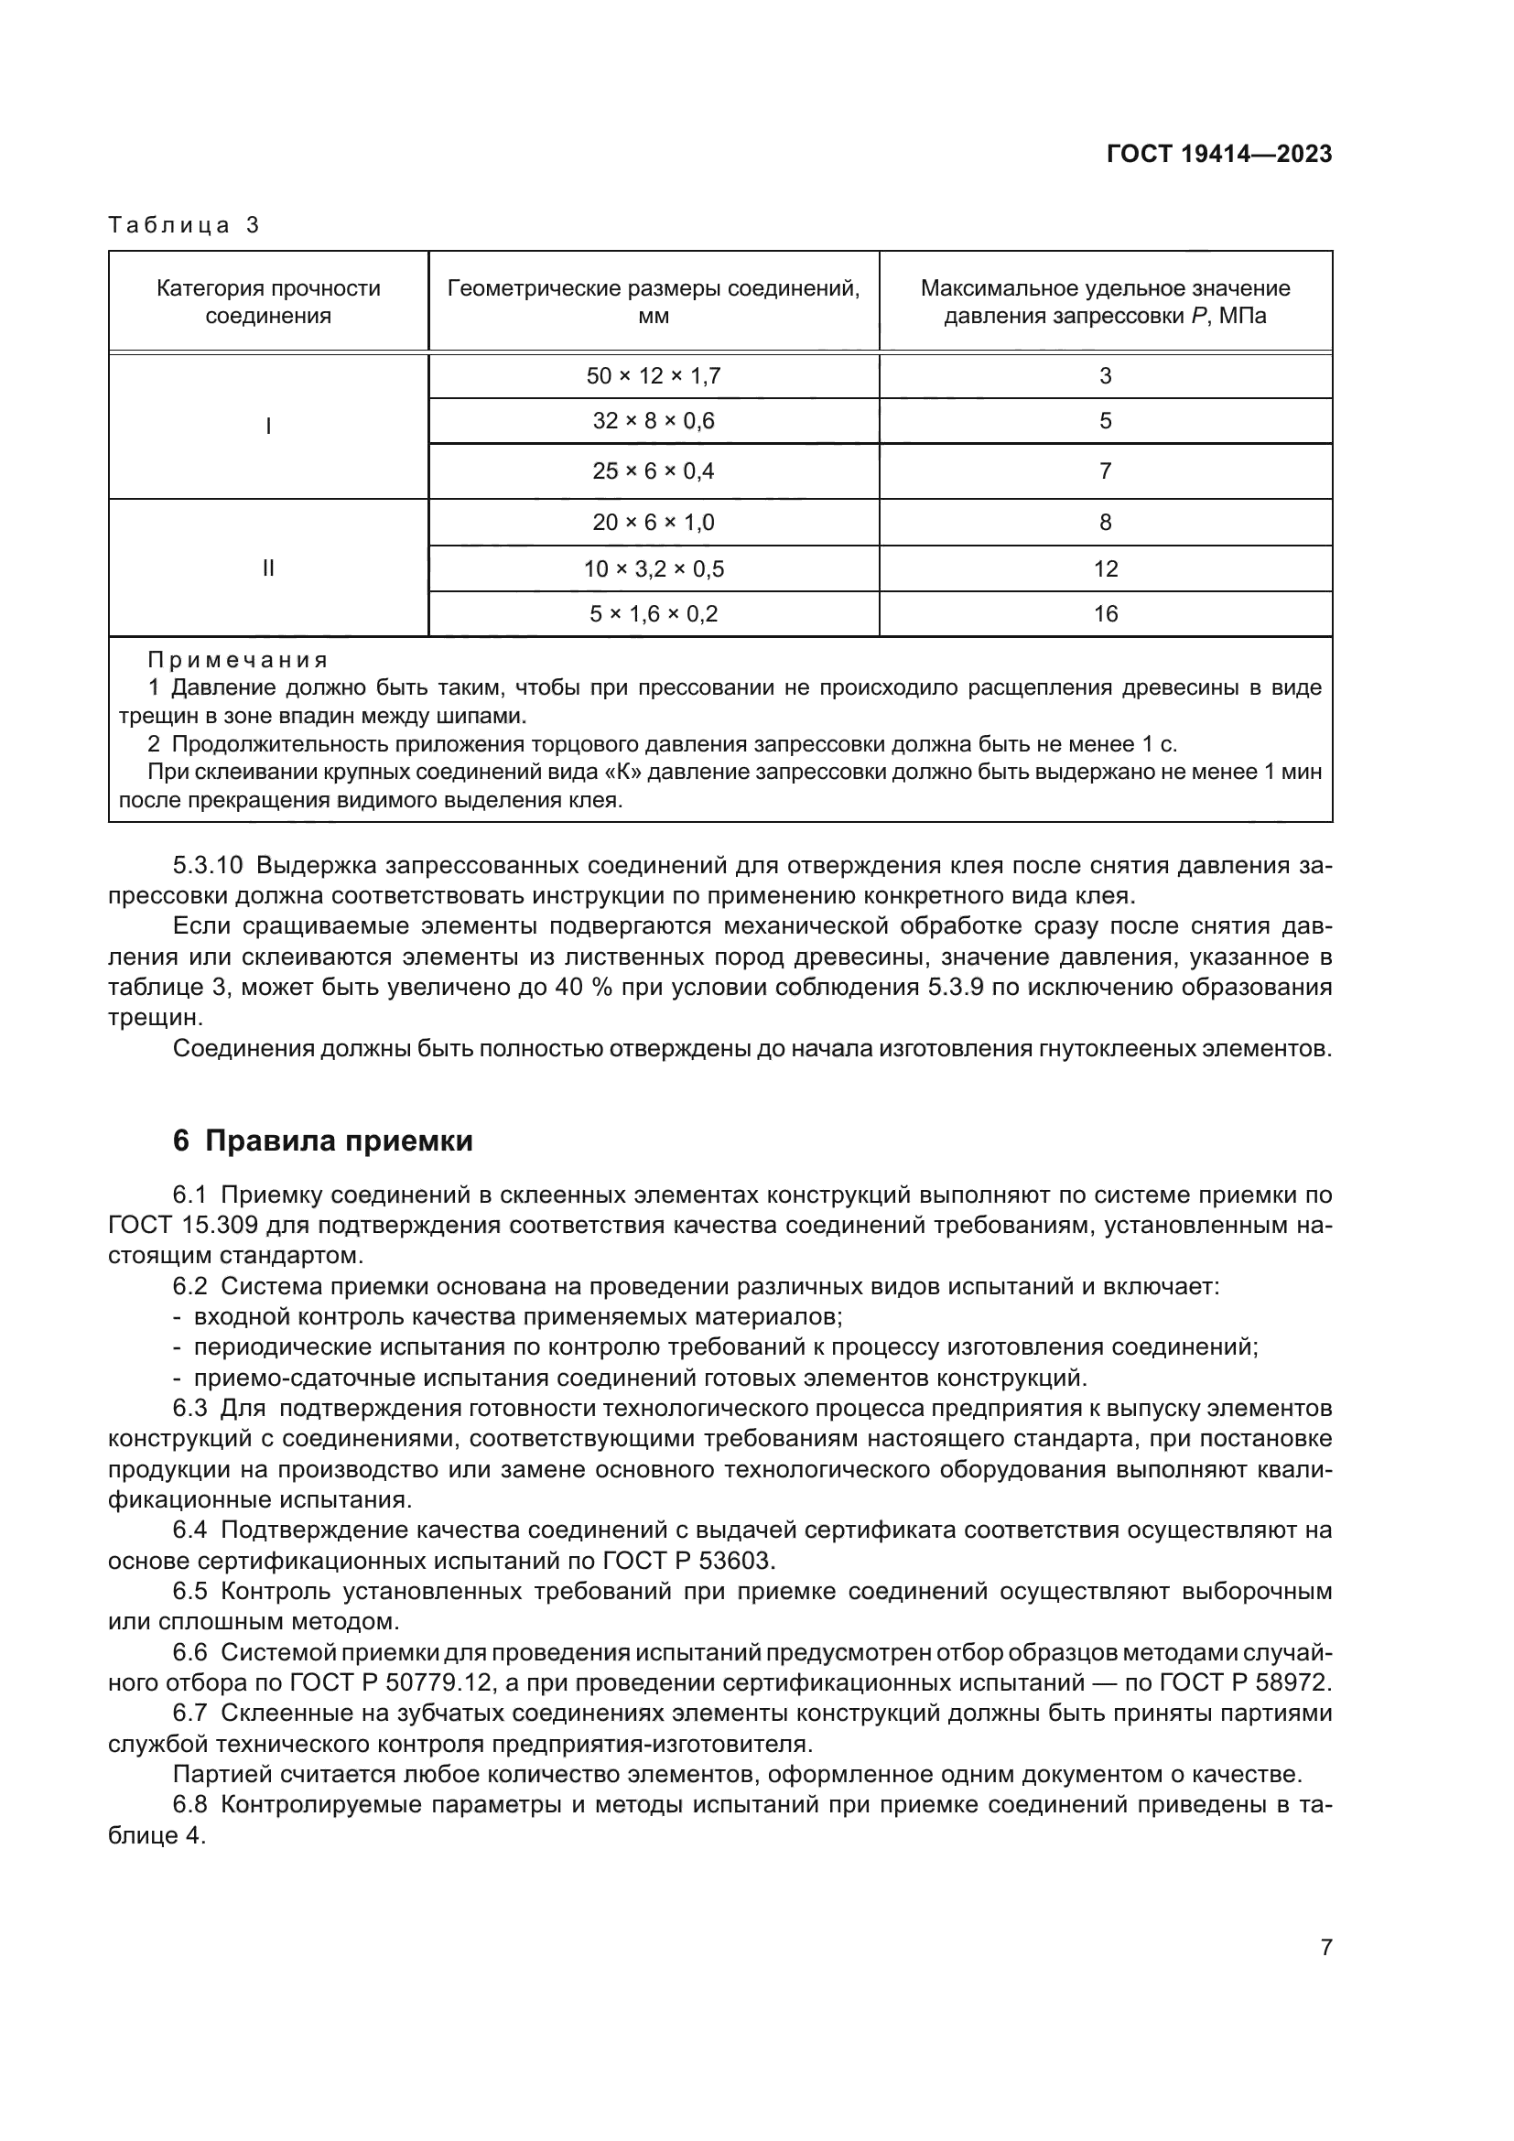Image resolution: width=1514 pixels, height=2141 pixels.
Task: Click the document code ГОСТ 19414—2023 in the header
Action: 1218,155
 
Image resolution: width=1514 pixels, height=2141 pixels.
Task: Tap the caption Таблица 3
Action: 184,225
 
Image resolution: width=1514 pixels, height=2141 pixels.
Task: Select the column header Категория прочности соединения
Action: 267,301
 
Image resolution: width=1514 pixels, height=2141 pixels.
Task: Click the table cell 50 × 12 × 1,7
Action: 654,376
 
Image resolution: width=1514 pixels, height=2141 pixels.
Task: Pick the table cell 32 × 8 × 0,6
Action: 654,420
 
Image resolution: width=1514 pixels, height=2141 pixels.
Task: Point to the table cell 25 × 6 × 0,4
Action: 654,470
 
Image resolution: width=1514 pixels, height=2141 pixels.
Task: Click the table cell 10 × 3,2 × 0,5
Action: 654,568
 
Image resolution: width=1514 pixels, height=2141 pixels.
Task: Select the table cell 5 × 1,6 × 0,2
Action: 654,613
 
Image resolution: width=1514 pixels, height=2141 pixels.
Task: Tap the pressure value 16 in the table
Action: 1105,613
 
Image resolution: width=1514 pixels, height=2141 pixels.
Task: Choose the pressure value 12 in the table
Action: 1105,568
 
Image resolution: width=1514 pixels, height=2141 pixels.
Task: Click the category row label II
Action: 267,568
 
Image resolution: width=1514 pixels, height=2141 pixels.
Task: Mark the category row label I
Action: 267,427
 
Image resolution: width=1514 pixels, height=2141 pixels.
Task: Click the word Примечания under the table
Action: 238,660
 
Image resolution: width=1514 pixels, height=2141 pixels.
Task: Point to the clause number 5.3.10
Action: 207,865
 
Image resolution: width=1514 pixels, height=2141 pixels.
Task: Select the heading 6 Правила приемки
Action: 322,1141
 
